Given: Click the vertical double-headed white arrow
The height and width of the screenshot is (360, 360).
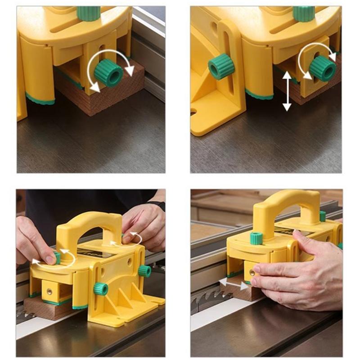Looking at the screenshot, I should (287, 92).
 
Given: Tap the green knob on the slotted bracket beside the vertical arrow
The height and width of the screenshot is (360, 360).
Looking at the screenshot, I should (221, 67).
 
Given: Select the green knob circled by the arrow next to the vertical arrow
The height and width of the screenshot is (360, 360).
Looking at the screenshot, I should (322, 68).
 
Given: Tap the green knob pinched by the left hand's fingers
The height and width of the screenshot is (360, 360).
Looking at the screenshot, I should (56, 258).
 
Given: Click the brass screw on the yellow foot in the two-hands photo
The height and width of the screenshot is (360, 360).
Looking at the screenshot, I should (49, 292).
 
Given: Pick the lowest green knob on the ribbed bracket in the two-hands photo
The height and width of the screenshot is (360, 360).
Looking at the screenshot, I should (100, 288).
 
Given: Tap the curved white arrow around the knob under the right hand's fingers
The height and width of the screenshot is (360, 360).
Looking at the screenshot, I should (133, 239).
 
